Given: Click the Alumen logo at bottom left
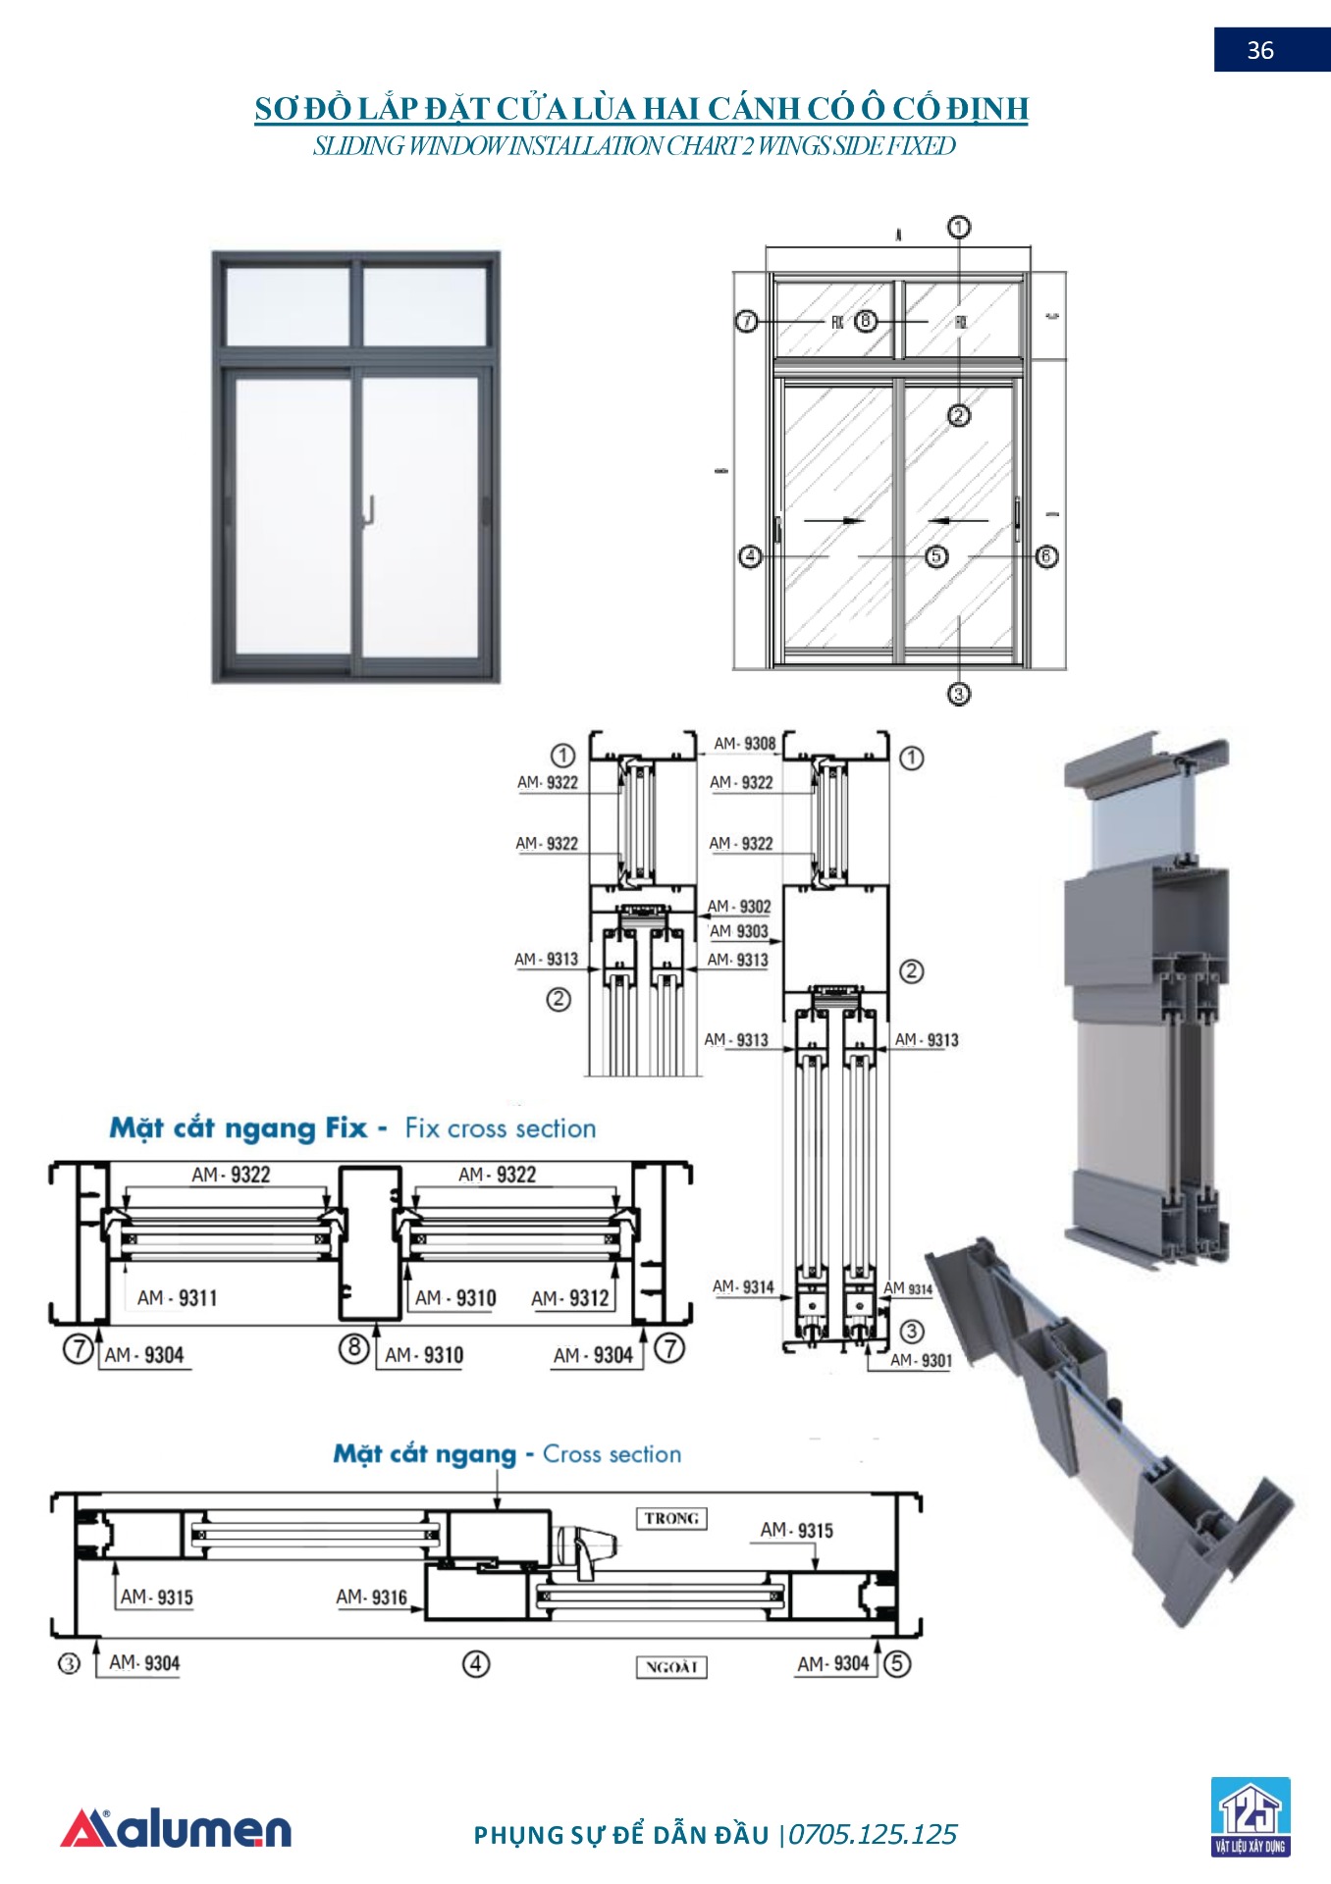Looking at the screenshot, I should (x=177, y=1830).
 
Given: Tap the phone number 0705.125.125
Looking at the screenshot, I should (x=872, y=1834).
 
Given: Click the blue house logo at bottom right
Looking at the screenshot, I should (x=1250, y=1816).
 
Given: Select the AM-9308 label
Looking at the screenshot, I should (x=744, y=744).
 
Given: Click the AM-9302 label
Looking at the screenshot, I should (x=739, y=907).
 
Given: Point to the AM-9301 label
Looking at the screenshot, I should (x=921, y=1360).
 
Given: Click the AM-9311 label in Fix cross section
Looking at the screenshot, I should (x=177, y=1298).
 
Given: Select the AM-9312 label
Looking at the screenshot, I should (x=570, y=1298).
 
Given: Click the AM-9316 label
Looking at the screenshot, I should (x=371, y=1597).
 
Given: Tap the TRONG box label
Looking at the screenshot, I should (x=671, y=1518).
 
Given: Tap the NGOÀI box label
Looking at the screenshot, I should (x=671, y=1666).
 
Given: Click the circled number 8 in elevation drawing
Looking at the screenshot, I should (x=865, y=321).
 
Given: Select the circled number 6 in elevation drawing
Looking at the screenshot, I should (x=1046, y=556).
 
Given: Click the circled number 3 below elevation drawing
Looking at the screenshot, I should (x=958, y=694).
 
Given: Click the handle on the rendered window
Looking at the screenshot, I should (x=370, y=510).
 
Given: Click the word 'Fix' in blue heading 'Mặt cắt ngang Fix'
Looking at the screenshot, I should (x=346, y=1128).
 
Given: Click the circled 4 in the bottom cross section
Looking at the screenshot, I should (x=475, y=1663).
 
